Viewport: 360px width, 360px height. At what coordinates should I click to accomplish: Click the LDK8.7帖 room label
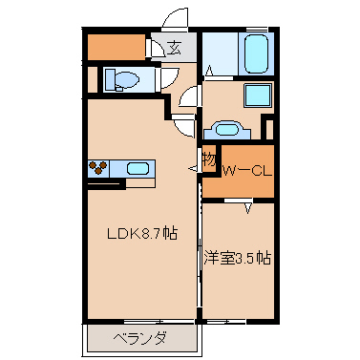(140, 232)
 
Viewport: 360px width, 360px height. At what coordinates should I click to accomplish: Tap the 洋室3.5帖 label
(237, 257)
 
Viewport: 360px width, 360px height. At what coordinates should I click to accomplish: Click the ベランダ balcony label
(140, 337)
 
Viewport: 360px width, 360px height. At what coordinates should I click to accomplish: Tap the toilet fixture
(126, 80)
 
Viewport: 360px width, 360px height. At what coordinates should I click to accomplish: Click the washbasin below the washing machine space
(226, 129)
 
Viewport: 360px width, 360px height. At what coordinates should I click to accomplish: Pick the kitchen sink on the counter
(138, 169)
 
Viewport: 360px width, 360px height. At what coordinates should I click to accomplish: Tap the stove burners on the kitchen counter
(99, 169)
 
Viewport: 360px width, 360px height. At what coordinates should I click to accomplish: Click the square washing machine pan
(256, 96)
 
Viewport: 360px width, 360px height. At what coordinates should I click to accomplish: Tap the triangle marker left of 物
(195, 166)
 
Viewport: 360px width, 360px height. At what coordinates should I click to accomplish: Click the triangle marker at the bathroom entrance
(209, 71)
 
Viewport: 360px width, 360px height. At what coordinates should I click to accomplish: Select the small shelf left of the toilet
(92, 81)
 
